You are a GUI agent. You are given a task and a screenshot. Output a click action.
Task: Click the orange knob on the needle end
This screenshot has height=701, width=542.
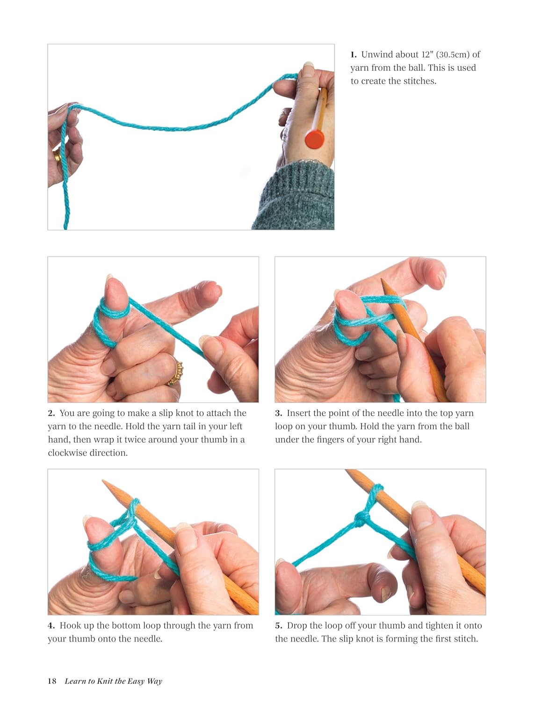tap(314, 139)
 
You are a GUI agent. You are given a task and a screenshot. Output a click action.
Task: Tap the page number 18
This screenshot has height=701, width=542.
tap(52, 681)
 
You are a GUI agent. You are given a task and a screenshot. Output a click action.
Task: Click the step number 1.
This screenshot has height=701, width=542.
tap(354, 55)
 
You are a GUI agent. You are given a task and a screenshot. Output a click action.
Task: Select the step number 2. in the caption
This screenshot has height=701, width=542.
tap(51, 413)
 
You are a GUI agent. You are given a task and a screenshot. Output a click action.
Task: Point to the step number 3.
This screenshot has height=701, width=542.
tap(279, 413)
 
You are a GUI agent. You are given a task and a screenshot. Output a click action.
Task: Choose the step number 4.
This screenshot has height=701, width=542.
tap(51, 625)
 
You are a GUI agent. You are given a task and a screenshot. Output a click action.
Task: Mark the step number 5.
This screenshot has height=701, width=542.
tap(279, 625)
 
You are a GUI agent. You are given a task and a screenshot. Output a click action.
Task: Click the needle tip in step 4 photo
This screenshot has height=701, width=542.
tap(104, 481)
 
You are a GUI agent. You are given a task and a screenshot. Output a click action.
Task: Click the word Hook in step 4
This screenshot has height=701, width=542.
tap(69, 625)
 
